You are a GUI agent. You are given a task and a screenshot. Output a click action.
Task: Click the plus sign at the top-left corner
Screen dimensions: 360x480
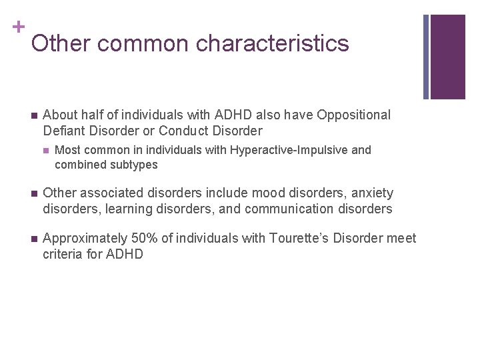tap(18, 27)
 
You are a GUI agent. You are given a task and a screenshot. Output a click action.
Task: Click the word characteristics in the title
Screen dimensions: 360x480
tap(273, 43)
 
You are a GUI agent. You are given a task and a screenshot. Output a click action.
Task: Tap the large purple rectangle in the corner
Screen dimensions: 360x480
tap(447, 57)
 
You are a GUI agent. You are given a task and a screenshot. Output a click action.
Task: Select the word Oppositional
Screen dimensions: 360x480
tap(354, 115)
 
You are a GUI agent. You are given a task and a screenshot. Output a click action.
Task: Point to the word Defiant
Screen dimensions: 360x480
tap(65, 131)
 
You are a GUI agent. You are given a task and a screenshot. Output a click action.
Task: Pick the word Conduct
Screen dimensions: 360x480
tap(184, 131)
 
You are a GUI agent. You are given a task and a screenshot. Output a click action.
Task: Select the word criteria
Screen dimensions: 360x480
tap(63, 254)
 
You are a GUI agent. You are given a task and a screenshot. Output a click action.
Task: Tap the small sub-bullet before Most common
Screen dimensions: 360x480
tap(45, 151)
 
